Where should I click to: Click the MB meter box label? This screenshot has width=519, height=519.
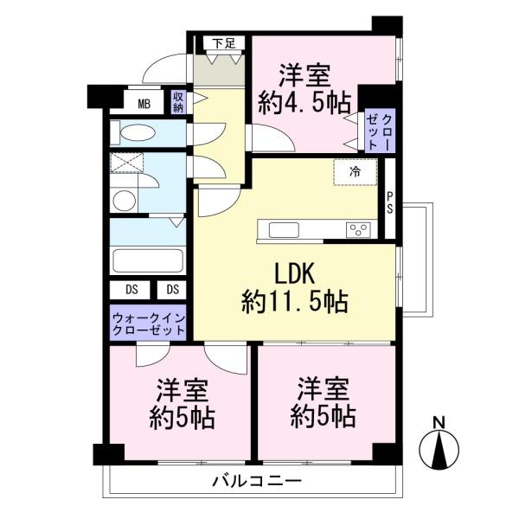(144, 105)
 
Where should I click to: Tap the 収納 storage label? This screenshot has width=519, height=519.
(178, 102)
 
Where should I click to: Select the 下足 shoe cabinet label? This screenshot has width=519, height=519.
(224, 43)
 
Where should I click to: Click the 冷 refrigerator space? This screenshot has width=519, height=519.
(356, 172)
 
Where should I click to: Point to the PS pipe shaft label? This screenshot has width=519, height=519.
(390, 203)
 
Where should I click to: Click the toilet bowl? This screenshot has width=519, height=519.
(138, 133)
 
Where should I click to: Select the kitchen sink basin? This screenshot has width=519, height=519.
(284, 230)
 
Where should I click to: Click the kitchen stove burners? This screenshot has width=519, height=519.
(358, 230)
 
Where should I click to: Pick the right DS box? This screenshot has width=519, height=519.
(171, 290)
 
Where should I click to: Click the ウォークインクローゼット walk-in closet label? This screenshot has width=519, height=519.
(148, 324)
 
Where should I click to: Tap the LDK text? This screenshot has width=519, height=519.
(295, 273)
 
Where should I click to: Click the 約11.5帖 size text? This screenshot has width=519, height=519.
(295, 302)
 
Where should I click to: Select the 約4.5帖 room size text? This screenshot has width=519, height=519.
(304, 103)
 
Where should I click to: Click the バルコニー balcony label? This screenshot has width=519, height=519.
(257, 480)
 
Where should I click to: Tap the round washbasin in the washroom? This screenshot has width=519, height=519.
(125, 201)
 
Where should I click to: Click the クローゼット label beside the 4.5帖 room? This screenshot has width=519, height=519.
(380, 131)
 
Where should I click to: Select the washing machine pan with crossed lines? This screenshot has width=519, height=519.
(127, 163)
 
